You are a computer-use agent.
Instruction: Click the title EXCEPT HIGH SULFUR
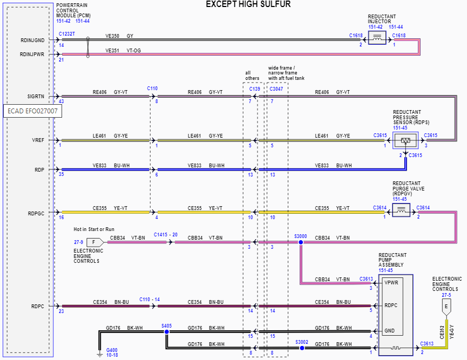tap(248, 4)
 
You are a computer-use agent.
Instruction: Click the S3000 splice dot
tap(301, 242)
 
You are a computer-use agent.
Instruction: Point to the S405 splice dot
tap(166, 332)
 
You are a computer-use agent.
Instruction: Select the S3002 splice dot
tap(301, 348)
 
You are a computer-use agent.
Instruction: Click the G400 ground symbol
tap(99, 354)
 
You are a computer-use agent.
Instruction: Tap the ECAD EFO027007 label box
tap(32, 111)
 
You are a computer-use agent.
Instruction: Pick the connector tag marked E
tap(446, 306)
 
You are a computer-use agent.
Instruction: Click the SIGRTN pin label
tap(36, 97)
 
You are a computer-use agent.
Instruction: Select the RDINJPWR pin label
tap(32, 54)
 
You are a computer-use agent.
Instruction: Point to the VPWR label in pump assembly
tap(391, 282)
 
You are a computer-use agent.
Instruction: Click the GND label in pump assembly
tap(389, 330)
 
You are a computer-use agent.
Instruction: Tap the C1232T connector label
tap(67, 33)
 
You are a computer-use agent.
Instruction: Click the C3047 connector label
tap(276, 89)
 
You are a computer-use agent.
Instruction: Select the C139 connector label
tap(254, 89)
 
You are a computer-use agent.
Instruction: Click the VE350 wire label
tap(112, 36)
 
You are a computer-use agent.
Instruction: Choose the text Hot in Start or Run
tap(94, 229)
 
